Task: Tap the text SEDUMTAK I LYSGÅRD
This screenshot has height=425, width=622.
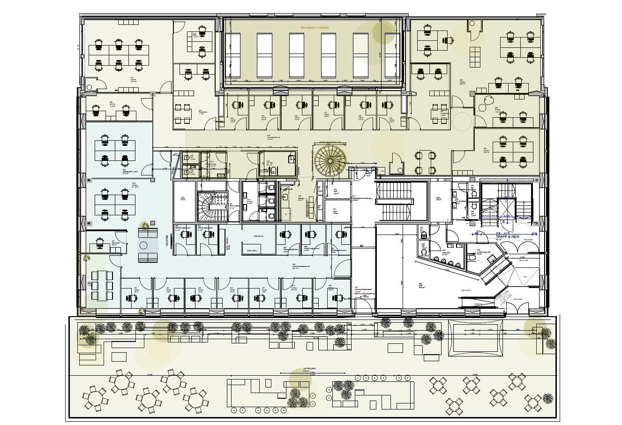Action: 315,28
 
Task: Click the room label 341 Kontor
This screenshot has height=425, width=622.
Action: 133,80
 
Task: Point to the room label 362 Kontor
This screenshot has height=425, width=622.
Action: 463,82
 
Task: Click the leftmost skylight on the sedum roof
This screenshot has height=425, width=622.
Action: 233,55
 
